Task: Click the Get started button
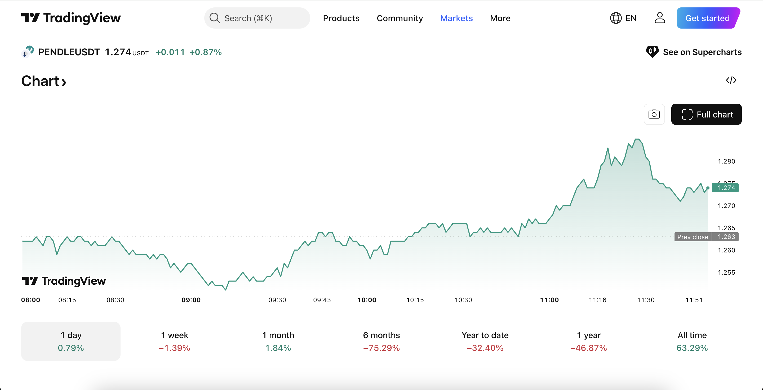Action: (x=708, y=18)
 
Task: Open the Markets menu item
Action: (x=456, y=18)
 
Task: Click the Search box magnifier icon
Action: (x=214, y=18)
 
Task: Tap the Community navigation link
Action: (x=400, y=18)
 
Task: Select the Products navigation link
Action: (x=341, y=18)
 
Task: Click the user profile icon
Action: (x=660, y=18)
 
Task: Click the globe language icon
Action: (x=615, y=18)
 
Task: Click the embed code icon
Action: (x=731, y=80)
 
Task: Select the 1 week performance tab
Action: (x=175, y=341)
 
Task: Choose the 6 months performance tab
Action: (x=381, y=341)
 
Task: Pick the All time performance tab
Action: (x=692, y=341)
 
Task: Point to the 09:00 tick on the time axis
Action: (x=191, y=300)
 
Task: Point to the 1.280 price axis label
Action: (x=726, y=161)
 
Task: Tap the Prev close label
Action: (x=693, y=237)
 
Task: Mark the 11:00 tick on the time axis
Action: (x=549, y=300)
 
